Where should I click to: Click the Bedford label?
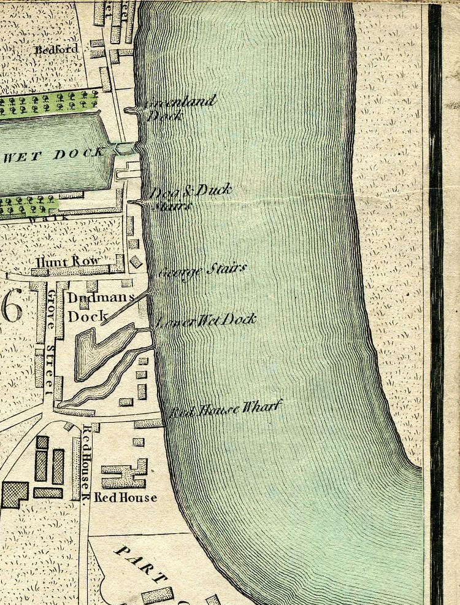coord(56,49)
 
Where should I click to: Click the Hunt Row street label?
coord(68,261)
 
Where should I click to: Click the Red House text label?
coord(125,498)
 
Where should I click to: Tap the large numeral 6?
coord(11,305)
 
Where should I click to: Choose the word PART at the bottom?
coord(139,561)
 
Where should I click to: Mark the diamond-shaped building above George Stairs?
coord(136,261)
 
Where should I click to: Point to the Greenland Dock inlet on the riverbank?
coord(131,110)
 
